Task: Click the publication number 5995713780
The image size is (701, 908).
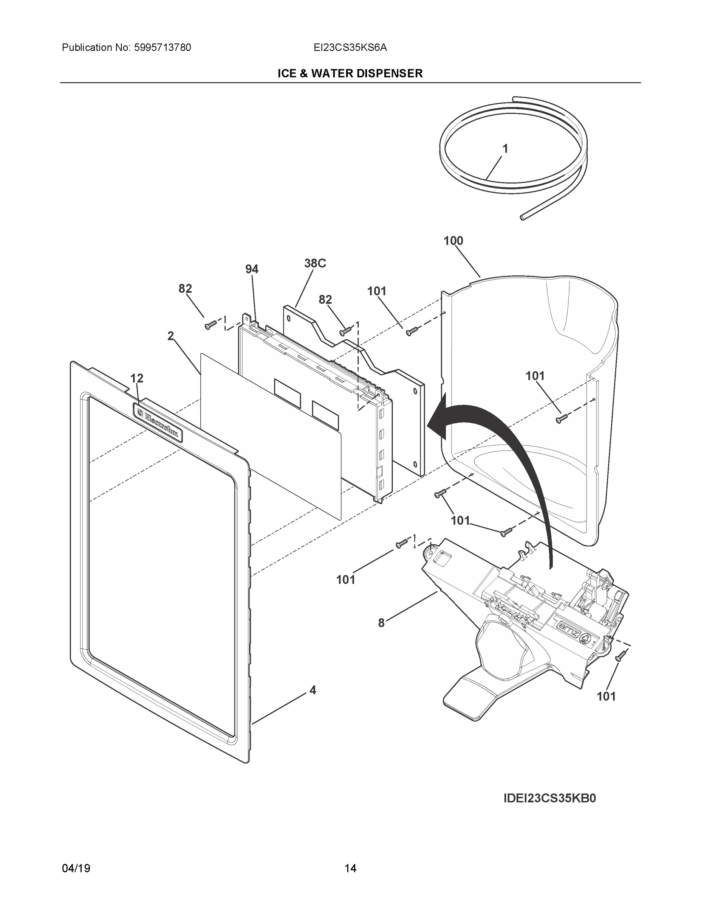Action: (x=162, y=48)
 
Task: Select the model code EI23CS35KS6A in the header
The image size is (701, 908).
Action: (x=350, y=48)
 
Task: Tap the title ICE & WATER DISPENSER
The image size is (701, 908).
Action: (x=350, y=74)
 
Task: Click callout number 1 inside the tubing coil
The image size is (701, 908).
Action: (x=505, y=149)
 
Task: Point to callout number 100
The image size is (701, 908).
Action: (x=453, y=241)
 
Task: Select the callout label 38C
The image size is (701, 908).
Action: (x=315, y=263)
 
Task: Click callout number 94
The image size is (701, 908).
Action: (x=252, y=269)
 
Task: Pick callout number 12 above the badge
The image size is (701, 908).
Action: (x=137, y=378)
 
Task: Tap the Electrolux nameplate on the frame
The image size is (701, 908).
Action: (x=158, y=422)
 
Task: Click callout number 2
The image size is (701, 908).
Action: (x=170, y=336)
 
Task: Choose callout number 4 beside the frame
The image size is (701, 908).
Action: (x=313, y=690)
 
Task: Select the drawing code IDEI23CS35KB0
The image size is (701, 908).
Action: (x=549, y=799)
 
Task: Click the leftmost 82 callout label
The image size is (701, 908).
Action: (x=185, y=289)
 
